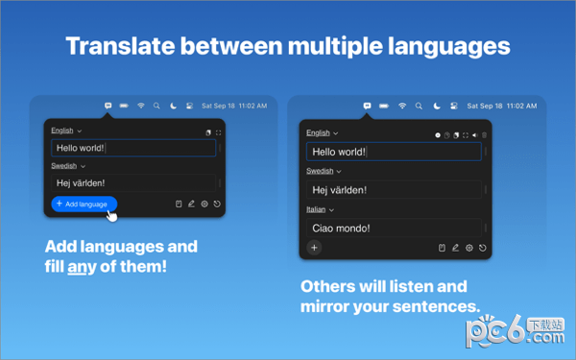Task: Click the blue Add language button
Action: [84, 204]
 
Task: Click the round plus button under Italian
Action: [314, 248]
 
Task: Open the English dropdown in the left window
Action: [66, 131]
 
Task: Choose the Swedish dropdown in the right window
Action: [323, 171]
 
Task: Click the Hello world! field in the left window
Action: [132, 149]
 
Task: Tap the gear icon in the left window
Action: [204, 204]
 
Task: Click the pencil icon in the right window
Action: [455, 248]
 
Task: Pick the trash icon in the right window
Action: [441, 248]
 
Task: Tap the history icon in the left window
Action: [218, 204]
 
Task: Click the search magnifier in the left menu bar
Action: [156, 105]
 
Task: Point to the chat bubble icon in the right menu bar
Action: [368, 105]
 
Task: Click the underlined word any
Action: [78, 265]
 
